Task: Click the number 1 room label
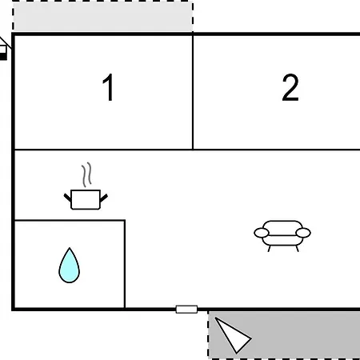pyautogui.click(x=109, y=87)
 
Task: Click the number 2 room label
pyautogui.click(x=290, y=87)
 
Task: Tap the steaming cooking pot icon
pyautogui.click(x=86, y=186)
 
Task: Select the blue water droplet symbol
pyautogui.click(x=70, y=265)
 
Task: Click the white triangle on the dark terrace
pyautogui.click(x=232, y=334)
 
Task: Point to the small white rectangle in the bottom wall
pyautogui.click(x=186, y=310)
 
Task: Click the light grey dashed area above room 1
pyautogui.click(x=103, y=17)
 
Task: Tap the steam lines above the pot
pyautogui.click(x=86, y=174)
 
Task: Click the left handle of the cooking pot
pyautogui.click(x=67, y=198)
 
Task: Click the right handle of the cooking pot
pyautogui.click(x=104, y=198)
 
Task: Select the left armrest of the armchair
pyautogui.click(x=262, y=233)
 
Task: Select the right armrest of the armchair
pyautogui.click(x=303, y=233)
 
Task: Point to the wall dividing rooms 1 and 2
pyautogui.click(x=193, y=92)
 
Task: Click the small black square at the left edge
pyautogui.click(x=3, y=56)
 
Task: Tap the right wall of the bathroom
pyautogui.click(x=125, y=264)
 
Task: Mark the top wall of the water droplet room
pyautogui.click(x=70, y=221)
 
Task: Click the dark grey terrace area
pyautogui.click(x=284, y=334)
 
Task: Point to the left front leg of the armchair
pyautogui.click(x=270, y=249)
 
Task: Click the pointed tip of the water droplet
pyautogui.click(x=70, y=248)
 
